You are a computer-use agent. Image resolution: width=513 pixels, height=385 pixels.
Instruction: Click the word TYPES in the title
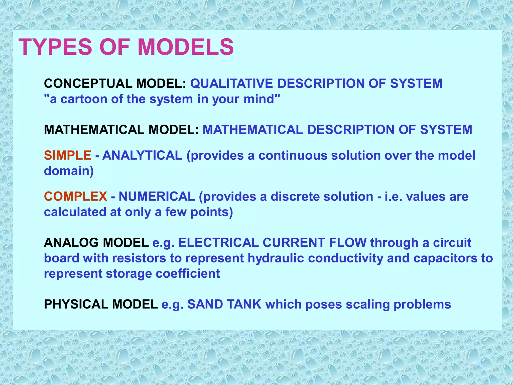[56, 47]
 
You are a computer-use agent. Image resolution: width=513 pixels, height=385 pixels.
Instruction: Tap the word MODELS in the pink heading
[186, 47]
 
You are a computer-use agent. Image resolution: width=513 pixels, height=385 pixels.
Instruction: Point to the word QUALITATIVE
[231, 83]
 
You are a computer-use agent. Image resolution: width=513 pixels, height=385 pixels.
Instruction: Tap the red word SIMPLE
[68, 155]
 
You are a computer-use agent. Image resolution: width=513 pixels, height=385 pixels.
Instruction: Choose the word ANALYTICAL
[142, 155]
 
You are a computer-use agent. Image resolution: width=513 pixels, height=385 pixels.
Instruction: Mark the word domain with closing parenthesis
[69, 171]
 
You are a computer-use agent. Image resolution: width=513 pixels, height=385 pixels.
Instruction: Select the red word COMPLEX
[76, 197]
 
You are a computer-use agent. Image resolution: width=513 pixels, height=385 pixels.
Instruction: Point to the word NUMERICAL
[157, 197]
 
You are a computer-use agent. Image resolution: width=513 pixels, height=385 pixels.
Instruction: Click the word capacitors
[446, 258]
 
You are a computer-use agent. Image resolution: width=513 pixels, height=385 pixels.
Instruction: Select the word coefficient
[188, 274]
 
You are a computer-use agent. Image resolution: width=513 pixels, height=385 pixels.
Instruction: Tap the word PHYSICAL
[76, 305]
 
